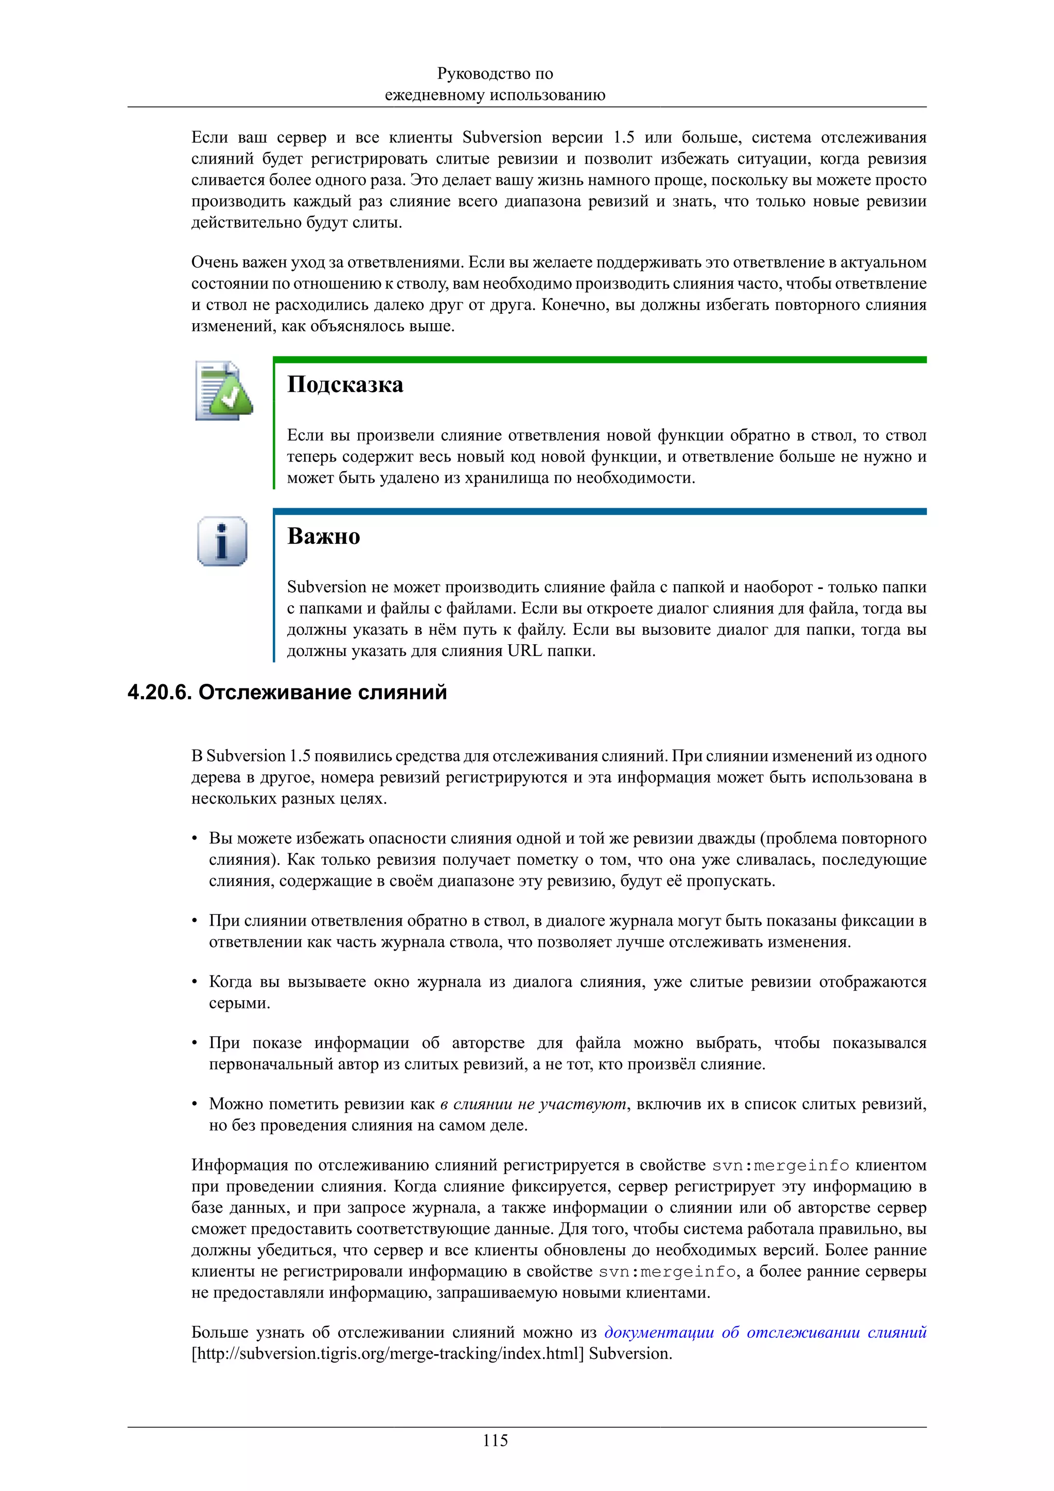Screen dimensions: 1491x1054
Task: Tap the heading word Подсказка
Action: (x=345, y=384)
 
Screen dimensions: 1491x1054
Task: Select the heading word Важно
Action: (x=323, y=537)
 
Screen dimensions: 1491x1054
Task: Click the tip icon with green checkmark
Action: (x=223, y=390)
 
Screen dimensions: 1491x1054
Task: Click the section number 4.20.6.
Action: (x=159, y=693)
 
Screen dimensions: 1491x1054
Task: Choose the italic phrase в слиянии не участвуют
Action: (x=533, y=1104)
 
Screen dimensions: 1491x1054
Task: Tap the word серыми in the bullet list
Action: (x=239, y=1003)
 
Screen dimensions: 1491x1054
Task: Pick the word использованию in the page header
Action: (x=547, y=95)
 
